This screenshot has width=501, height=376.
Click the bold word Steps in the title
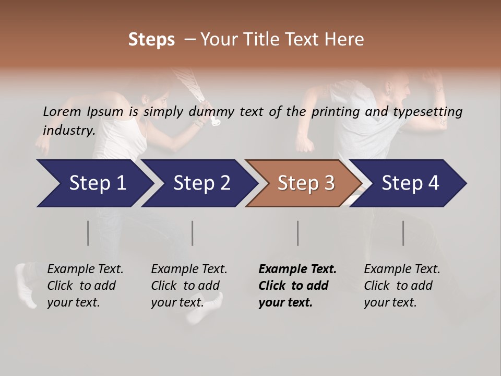pyautogui.click(x=151, y=40)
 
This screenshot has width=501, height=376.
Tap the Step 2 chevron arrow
pyautogui.click(x=201, y=183)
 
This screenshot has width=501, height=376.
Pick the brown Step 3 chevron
pyautogui.click(x=305, y=183)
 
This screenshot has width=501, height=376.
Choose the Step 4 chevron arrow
pyautogui.click(x=410, y=183)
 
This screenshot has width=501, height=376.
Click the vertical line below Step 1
pyautogui.click(x=88, y=233)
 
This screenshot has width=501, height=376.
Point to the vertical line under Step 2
pyautogui.click(x=193, y=233)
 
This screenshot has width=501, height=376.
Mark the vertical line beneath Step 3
pyautogui.click(x=298, y=233)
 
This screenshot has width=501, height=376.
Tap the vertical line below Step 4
pyautogui.click(x=403, y=233)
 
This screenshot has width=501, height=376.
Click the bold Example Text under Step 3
pyautogui.click(x=297, y=269)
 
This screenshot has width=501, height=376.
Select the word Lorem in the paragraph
pyautogui.click(x=62, y=111)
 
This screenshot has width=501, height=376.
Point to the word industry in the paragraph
pyautogui.click(x=68, y=130)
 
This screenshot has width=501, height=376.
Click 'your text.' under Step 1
pyautogui.click(x=73, y=302)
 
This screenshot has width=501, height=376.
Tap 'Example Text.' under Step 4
pyautogui.click(x=402, y=269)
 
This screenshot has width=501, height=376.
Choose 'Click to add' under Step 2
pyautogui.click(x=185, y=286)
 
